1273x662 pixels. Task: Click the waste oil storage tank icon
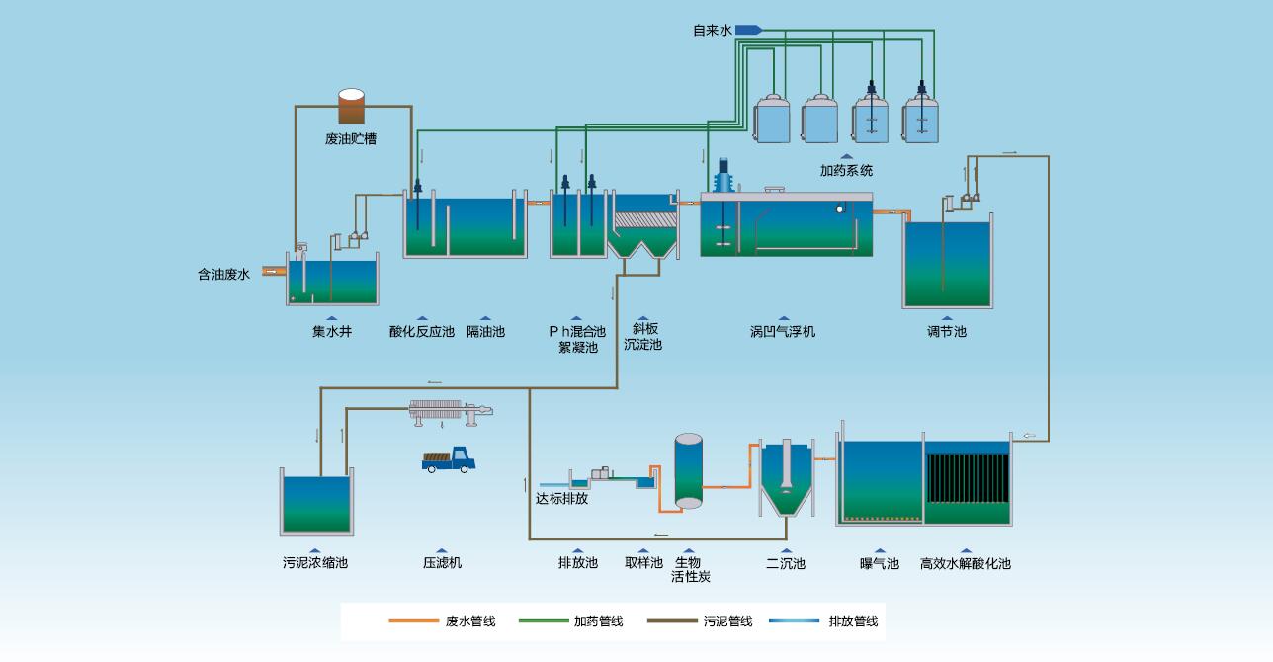351,107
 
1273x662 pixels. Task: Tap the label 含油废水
223,275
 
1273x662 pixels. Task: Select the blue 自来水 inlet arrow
747,31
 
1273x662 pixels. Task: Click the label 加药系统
846,170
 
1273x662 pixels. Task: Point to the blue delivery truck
450,459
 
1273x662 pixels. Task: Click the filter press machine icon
451,411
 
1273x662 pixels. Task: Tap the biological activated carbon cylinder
688,470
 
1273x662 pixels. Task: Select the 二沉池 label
786,563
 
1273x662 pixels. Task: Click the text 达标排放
561,499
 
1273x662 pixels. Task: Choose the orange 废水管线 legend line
413,621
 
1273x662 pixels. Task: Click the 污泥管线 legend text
727,621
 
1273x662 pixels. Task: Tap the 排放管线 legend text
853,621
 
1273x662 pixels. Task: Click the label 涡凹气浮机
783,331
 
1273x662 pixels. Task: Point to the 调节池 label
946,331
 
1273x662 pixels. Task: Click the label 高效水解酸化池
965,563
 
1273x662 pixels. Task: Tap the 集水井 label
332,331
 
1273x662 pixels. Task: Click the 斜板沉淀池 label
643,337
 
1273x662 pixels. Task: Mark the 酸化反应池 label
421,331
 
